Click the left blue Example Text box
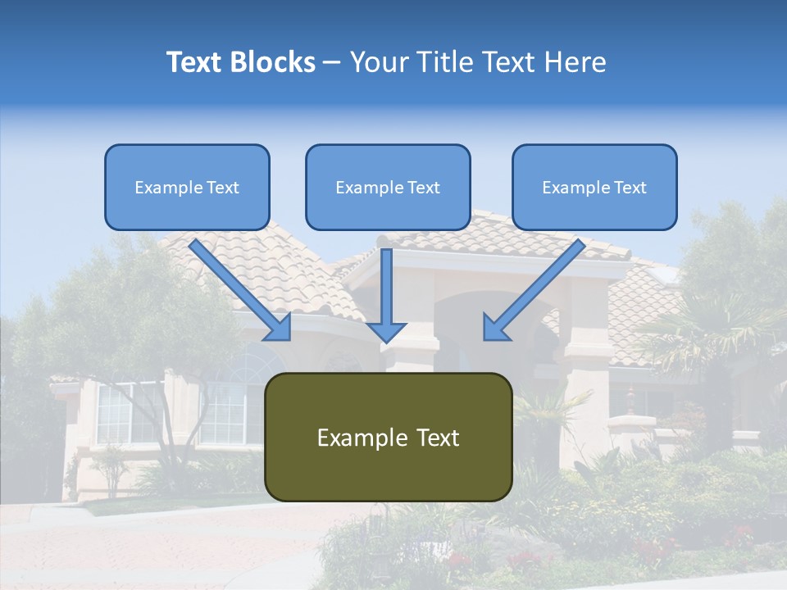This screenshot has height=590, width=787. [x=187, y=187]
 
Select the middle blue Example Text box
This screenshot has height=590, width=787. [x=388, y=187]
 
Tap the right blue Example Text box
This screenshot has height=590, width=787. [x=594, y=187]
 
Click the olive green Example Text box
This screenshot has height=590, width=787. [x=388, y=437]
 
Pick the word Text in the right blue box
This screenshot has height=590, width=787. [x=630, y=188]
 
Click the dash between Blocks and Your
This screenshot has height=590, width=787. [x=331, y=63]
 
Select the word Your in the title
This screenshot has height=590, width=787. [x=379, y=62]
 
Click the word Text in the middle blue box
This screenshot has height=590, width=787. [x=423, y=188]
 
